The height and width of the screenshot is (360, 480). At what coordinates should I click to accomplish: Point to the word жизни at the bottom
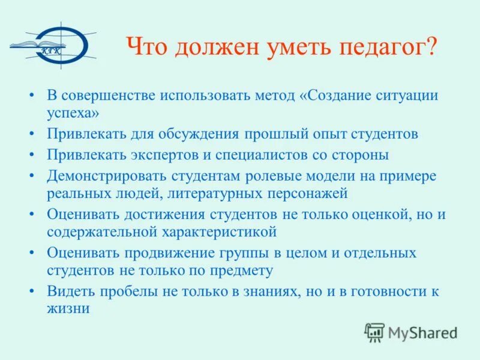tap(68, 308)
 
